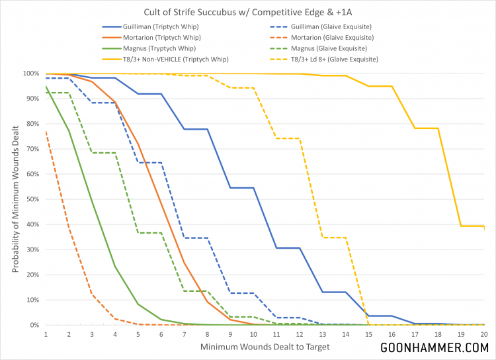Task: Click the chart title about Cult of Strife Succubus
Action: click(x=247, y=12)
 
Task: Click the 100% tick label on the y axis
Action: click(x=28, y=73)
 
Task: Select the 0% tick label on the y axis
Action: click(x=32, y=325)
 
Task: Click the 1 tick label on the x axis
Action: click(x=46, y=334)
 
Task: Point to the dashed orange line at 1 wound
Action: click(x=46, y=132)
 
